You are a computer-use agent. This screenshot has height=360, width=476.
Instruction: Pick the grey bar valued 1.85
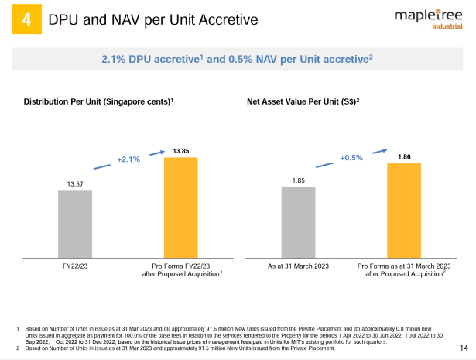pos(299,221)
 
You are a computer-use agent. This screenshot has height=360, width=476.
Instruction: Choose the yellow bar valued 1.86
pos(403,210)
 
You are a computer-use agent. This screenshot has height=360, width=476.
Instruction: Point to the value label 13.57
pos(75,183)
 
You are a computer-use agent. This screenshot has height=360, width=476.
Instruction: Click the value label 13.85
pos(181,150)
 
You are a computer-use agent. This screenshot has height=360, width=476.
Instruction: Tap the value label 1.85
pos(298,180)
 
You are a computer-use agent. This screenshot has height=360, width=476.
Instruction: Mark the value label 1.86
pos(404,156)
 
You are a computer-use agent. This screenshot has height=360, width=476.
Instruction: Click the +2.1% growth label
pos(128,159)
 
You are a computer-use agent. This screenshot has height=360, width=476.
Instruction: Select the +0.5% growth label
pos(351,158)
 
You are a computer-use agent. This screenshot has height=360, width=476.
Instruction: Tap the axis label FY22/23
pos(75,266)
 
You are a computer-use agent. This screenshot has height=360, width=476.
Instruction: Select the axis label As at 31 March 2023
pos(298,266)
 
